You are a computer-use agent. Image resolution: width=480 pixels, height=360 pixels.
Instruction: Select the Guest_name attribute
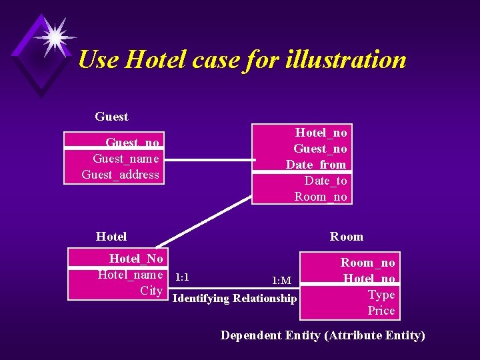click(126, 159)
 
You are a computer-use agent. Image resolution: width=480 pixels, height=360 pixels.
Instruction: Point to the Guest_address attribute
click(121, 175)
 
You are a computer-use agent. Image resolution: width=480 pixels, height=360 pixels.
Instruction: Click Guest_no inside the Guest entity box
click(133, 143)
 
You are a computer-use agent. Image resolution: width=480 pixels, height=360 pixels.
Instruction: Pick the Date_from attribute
click(316, 165)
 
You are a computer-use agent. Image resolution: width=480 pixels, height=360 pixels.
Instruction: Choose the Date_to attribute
click(325, 181)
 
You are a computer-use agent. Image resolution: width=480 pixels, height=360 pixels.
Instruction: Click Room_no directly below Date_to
click(321, 197)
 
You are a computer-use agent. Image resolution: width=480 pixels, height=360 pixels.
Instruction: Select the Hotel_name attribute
click(130, 275)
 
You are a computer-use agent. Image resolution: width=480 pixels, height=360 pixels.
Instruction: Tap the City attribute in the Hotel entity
click(151, 291)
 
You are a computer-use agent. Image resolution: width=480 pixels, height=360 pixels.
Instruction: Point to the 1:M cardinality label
click(281, 280)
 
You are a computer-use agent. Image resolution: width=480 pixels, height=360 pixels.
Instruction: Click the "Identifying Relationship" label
click(235, 299)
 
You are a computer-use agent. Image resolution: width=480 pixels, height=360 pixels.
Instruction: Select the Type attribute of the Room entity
click(381, 295)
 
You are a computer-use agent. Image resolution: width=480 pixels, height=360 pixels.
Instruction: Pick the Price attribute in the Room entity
click(381, 311)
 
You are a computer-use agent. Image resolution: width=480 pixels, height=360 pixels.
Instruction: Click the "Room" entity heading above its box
click(347, 237)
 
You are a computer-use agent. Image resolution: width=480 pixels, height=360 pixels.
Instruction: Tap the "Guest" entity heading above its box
click(111, 117)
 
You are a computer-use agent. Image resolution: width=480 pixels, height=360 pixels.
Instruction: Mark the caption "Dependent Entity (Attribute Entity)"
click(323, 335)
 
